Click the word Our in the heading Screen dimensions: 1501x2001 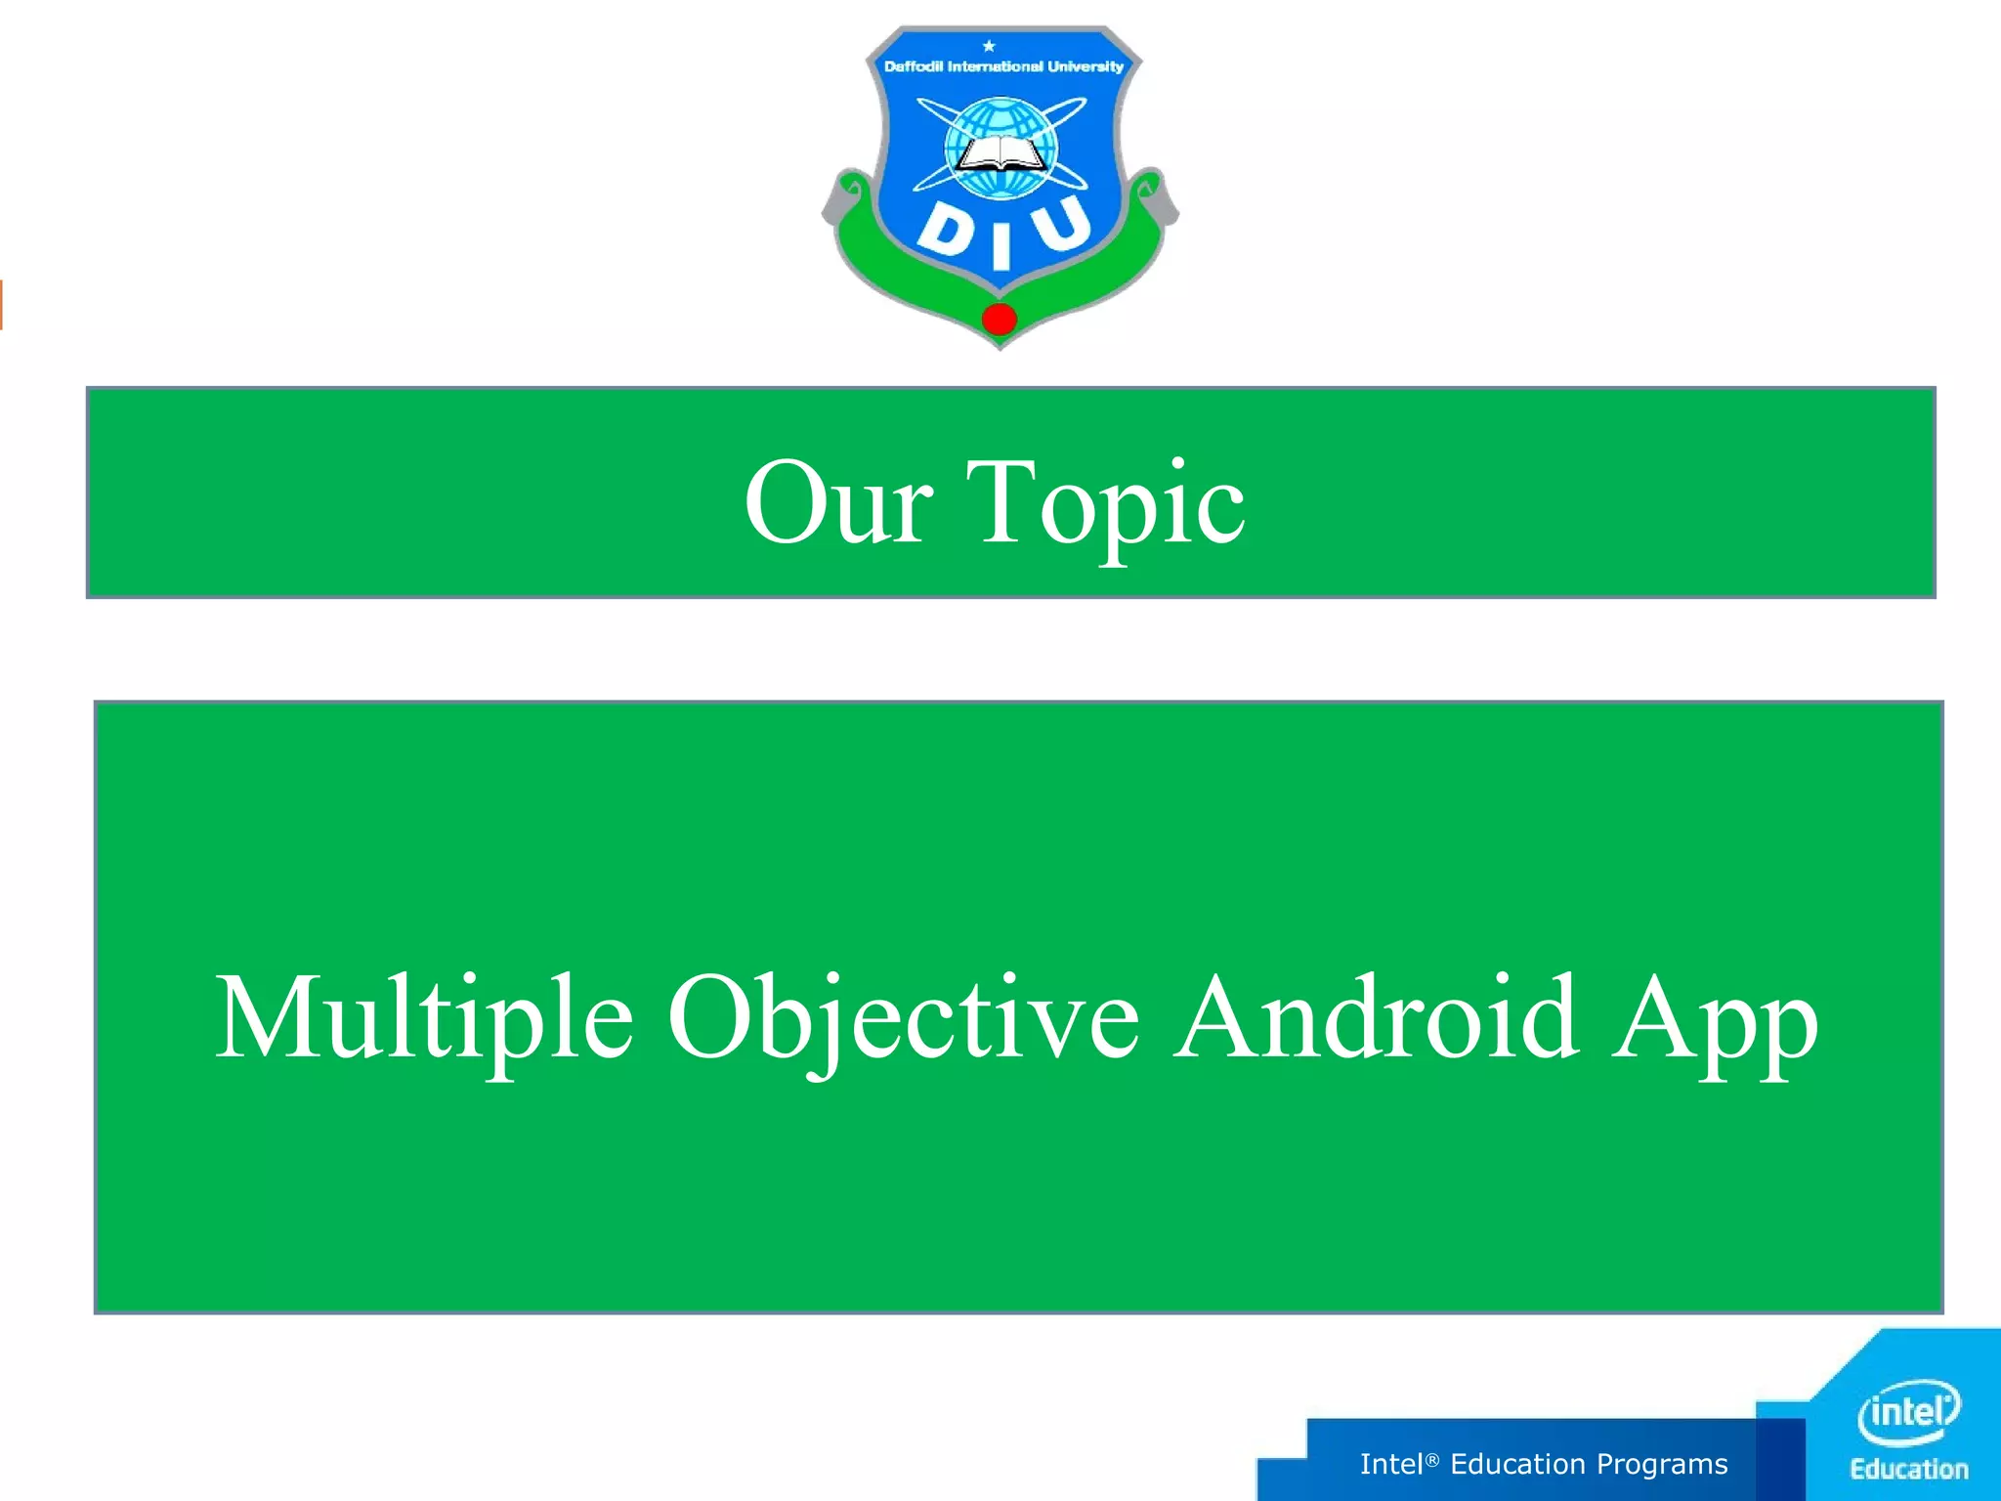[838, 503]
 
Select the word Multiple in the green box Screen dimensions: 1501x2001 [424, 1019]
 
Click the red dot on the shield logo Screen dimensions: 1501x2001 [1000, 319]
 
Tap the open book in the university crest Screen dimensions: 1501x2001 [1000, 155]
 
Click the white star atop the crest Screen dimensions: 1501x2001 [989, 46]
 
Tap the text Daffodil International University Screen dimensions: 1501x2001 [1003, 66]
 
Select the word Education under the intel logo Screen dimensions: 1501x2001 [1909, 1469]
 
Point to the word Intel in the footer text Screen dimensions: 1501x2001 [1391, 1464]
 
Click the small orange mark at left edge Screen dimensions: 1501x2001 [2, 304]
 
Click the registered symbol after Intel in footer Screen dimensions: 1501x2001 [1432, 1459]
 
